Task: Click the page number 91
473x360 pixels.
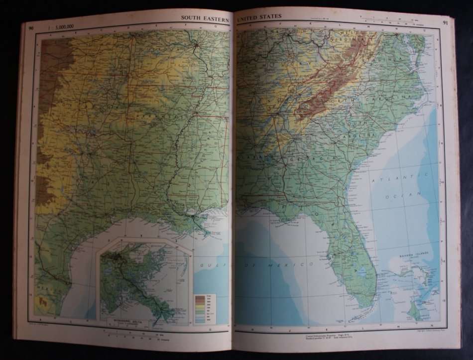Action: coord(444,22)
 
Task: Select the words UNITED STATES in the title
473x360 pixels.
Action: coord(260,16)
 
